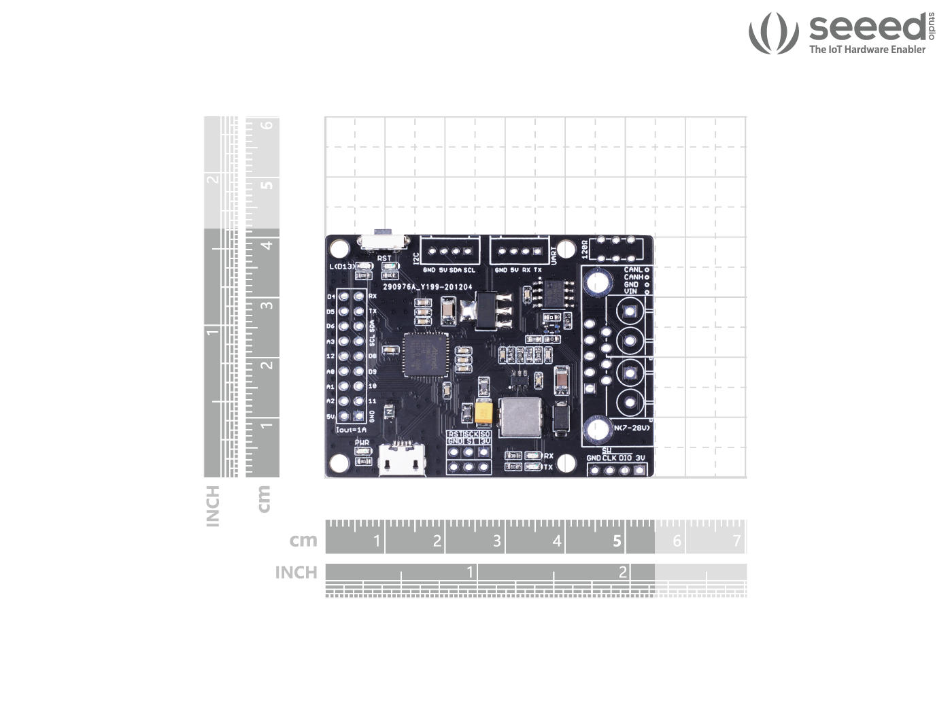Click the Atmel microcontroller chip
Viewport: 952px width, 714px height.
(x=423, y=354)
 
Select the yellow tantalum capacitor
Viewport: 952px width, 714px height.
(x=484, y=413)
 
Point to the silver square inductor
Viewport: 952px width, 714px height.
(x=520, y=418)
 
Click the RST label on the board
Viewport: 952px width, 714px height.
(x=384, y=258)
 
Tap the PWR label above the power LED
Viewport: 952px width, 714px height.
(x=362, y=443)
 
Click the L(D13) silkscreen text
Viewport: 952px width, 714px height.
(x=341, y=267)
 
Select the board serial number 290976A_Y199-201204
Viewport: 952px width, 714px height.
(x=427, y=287)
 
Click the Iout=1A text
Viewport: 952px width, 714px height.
(x=352, y=430)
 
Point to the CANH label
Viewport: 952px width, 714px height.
(x=633, y=277)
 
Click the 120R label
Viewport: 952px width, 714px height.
(x=585, y=248)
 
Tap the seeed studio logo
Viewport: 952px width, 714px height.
(x=840, y=33)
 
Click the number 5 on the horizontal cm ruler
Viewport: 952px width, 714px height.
(x=617, y=541)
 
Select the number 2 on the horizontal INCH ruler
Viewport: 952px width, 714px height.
(x=622, y=572)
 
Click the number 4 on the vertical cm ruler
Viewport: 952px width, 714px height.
(x=267, y=245)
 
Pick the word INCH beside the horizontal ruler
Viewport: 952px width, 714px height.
(x=296, y=573)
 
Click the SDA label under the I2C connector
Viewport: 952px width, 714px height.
(x=456, y=270)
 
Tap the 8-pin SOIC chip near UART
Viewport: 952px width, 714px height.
(x=552, y=292)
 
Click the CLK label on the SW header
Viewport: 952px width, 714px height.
(x=609, y=458)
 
